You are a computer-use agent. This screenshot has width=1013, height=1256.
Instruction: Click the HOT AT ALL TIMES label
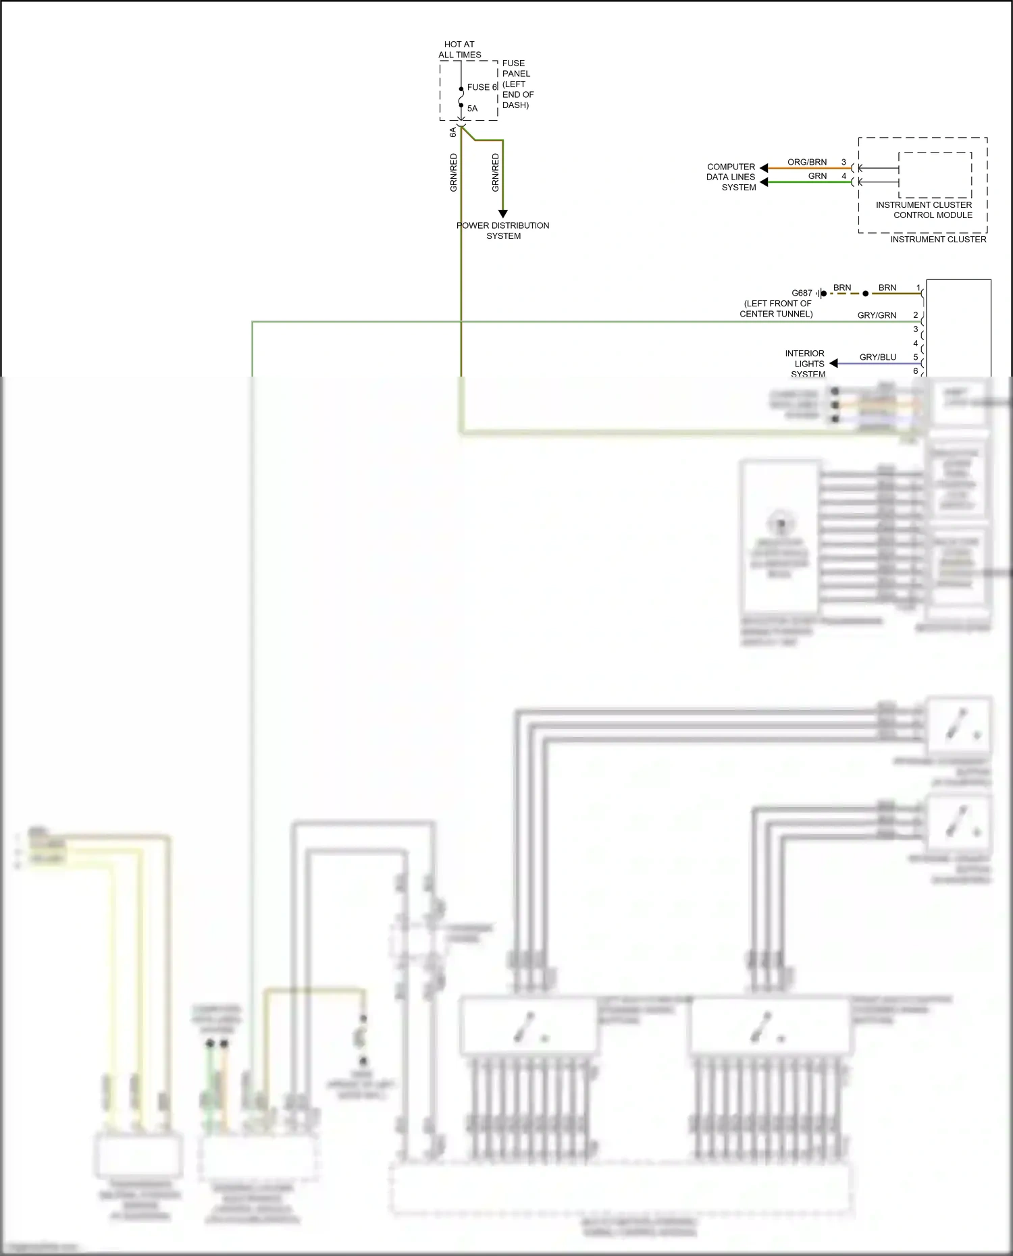459,49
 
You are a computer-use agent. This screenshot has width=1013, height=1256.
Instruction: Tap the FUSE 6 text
482,87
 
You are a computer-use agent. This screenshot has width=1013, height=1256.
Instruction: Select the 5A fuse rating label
472,108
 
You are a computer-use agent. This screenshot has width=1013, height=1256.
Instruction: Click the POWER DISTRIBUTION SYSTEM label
503,230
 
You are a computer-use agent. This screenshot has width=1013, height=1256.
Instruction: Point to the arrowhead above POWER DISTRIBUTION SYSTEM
502,213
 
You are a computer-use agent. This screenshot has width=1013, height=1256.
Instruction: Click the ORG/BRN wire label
806,162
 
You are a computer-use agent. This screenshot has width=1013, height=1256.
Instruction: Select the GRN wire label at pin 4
817,175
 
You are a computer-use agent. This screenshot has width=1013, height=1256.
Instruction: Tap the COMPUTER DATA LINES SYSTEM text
731,177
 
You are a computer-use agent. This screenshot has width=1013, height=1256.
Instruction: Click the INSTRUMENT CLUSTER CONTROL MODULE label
924,210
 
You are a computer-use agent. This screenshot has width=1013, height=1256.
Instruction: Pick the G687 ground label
802,293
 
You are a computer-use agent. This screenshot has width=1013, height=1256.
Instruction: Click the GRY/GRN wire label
877,315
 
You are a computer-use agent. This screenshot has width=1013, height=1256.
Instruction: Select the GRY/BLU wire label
877,357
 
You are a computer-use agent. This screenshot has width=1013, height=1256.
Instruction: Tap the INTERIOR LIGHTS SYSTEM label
805,363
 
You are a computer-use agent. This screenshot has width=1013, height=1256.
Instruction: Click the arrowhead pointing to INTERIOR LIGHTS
833,363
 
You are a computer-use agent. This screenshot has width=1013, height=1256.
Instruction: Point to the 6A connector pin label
453,132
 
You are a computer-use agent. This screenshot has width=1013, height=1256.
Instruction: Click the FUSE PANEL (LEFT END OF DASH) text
517,84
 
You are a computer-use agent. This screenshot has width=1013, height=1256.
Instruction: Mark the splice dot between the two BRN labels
865,294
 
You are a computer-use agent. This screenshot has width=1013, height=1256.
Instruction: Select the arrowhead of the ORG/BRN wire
764,168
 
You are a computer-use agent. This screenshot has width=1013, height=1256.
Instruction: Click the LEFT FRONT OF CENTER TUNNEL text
777,308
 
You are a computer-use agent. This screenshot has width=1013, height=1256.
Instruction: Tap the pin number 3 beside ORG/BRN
843,162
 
